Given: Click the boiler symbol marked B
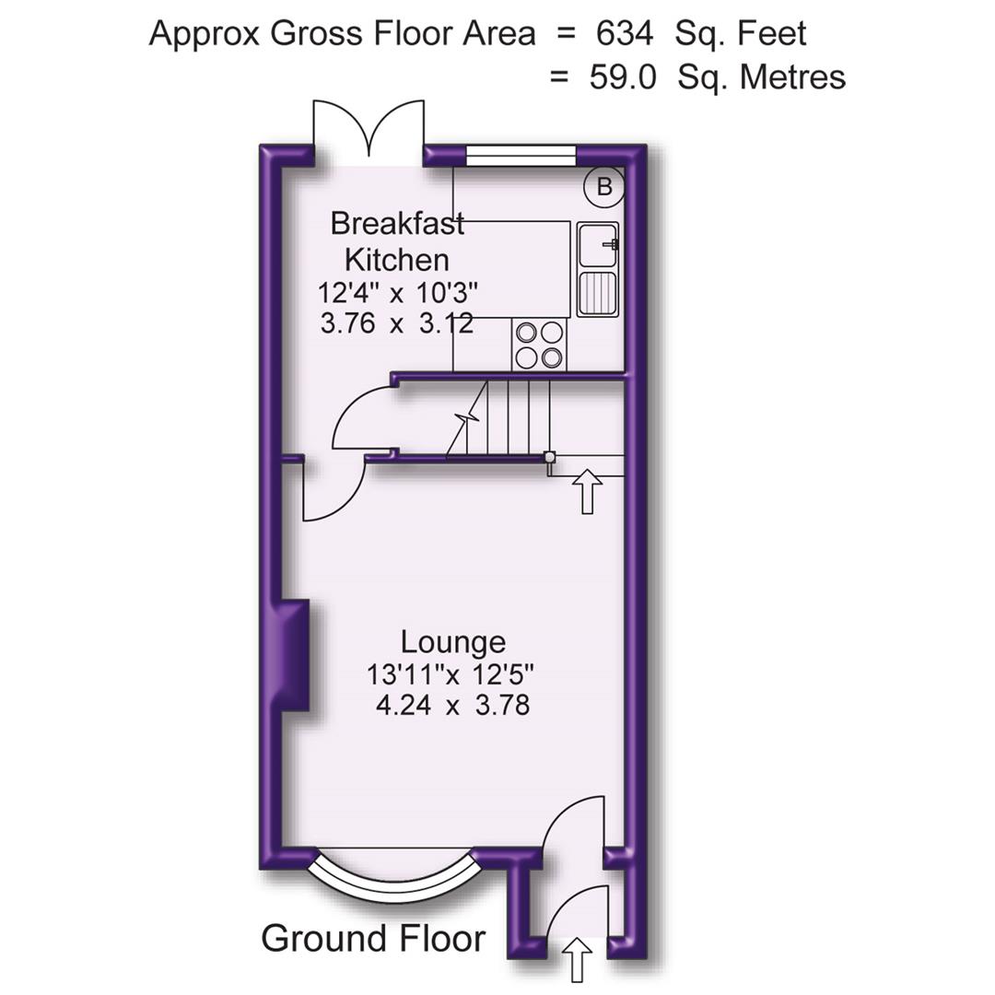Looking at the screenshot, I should [603, 187].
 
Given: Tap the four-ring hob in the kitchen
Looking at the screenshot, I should [539, 344].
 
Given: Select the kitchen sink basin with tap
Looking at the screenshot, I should [598, 244].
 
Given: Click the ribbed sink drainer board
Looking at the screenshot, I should [597, 293].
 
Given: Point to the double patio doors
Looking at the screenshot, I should [369, 131].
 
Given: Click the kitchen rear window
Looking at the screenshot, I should [521, 156].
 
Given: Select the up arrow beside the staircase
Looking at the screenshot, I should [588, 491].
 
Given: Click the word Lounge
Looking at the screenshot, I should [452, 641].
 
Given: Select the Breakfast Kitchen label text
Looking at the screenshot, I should [397, 241].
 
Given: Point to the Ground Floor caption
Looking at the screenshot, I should [372, 939].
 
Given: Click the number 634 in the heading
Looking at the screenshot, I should [625, 34].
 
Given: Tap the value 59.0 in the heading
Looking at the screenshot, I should [623, 77].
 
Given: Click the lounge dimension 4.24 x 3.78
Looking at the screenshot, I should [452, 707].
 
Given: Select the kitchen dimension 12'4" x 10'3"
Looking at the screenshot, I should [397, 294].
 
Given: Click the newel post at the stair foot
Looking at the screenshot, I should [549, 457].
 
